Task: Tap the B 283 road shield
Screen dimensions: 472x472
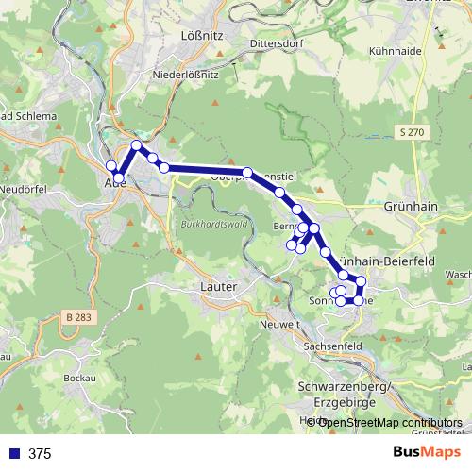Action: tap(81, 315)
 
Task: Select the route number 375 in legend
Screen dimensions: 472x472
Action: tap(40, 453)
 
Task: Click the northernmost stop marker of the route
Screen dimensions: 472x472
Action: tap(137, 145)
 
